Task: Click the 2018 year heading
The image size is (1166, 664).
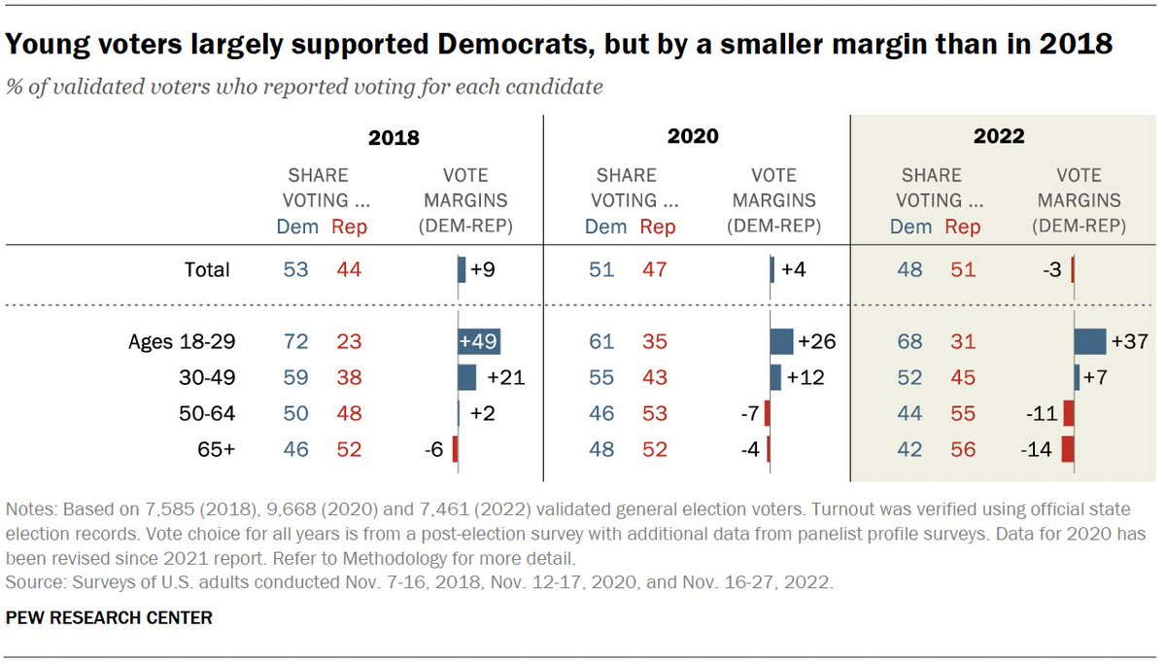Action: (394, 137)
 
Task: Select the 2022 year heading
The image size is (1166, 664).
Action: (999, 136)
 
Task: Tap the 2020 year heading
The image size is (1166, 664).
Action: (693, 136)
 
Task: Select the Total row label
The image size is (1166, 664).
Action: (206, 269)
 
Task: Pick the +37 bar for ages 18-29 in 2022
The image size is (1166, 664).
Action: (1090, 342)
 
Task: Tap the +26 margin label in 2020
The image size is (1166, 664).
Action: (817, 342)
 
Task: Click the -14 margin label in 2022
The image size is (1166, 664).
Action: (1040, 448)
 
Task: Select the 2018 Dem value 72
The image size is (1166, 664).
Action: (295, 342)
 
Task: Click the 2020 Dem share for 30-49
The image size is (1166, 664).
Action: (601, 377)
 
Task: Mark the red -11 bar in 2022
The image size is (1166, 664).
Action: (1069, 413)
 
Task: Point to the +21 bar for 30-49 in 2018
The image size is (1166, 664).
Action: (466, 377)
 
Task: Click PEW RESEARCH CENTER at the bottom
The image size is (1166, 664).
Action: (109, 617)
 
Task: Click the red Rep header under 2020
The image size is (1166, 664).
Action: (658, 227)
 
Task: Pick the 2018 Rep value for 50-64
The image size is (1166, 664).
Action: (348, 413)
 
